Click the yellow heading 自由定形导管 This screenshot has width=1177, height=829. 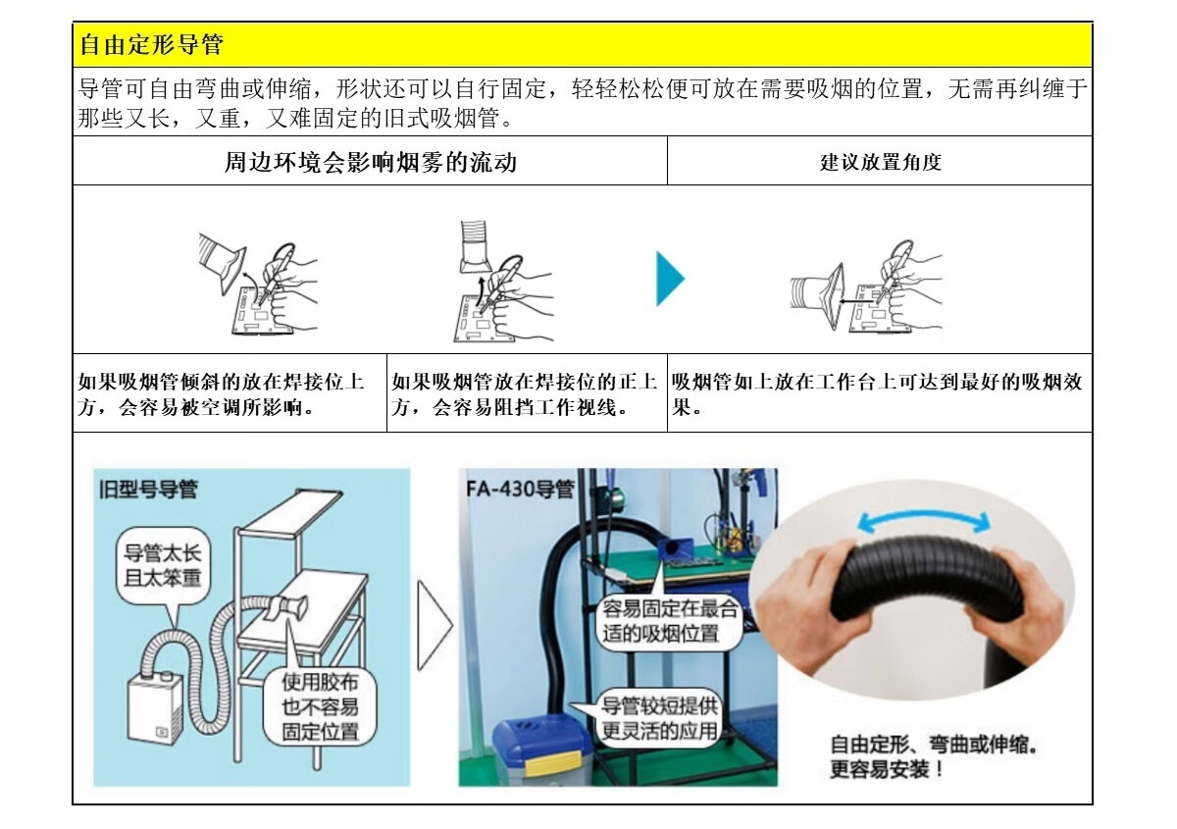tap(152, 45)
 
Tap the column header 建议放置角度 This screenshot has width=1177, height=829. tap(881, 162)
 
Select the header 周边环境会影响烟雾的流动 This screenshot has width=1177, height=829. tap(371, 162)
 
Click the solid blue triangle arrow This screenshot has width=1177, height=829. tap(671, 279)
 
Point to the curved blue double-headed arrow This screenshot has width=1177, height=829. tap(924, 518)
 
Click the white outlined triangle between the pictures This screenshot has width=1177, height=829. tap(435, 626)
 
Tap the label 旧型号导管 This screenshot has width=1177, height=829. tap(149, 490)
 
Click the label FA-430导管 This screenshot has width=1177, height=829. tap(520, 490)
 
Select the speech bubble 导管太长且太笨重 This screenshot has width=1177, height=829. tap(163, 567)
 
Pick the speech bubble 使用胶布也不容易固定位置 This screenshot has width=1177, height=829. tap(320, 706)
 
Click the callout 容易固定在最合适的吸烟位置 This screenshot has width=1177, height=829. tap(669, 621)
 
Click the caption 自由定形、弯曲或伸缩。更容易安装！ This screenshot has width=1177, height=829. tap(934, 756)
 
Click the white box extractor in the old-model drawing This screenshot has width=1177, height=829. tap(156, 707)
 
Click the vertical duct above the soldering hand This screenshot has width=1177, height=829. tap(476, 246)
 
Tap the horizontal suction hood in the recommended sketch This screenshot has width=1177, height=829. tap(817, 296)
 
